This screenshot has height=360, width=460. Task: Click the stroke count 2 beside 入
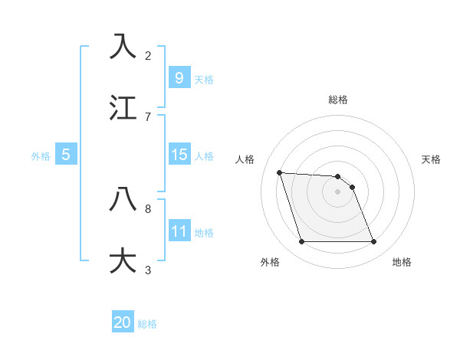148,55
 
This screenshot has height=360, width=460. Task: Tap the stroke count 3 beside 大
148,270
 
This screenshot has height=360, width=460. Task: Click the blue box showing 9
179,78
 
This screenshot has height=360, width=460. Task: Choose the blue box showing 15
179,155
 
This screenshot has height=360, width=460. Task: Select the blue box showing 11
179,231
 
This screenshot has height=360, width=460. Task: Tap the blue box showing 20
123,323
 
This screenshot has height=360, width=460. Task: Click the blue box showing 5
66,155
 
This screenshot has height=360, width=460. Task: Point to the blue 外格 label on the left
41,155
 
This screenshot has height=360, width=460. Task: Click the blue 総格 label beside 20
147,324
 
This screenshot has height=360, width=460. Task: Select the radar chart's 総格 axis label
338,100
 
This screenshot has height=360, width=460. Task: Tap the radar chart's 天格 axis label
431,159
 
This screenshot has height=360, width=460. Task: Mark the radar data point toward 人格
279,172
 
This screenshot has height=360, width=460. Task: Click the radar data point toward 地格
373,242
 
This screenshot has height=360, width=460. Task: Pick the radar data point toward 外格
301,242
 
